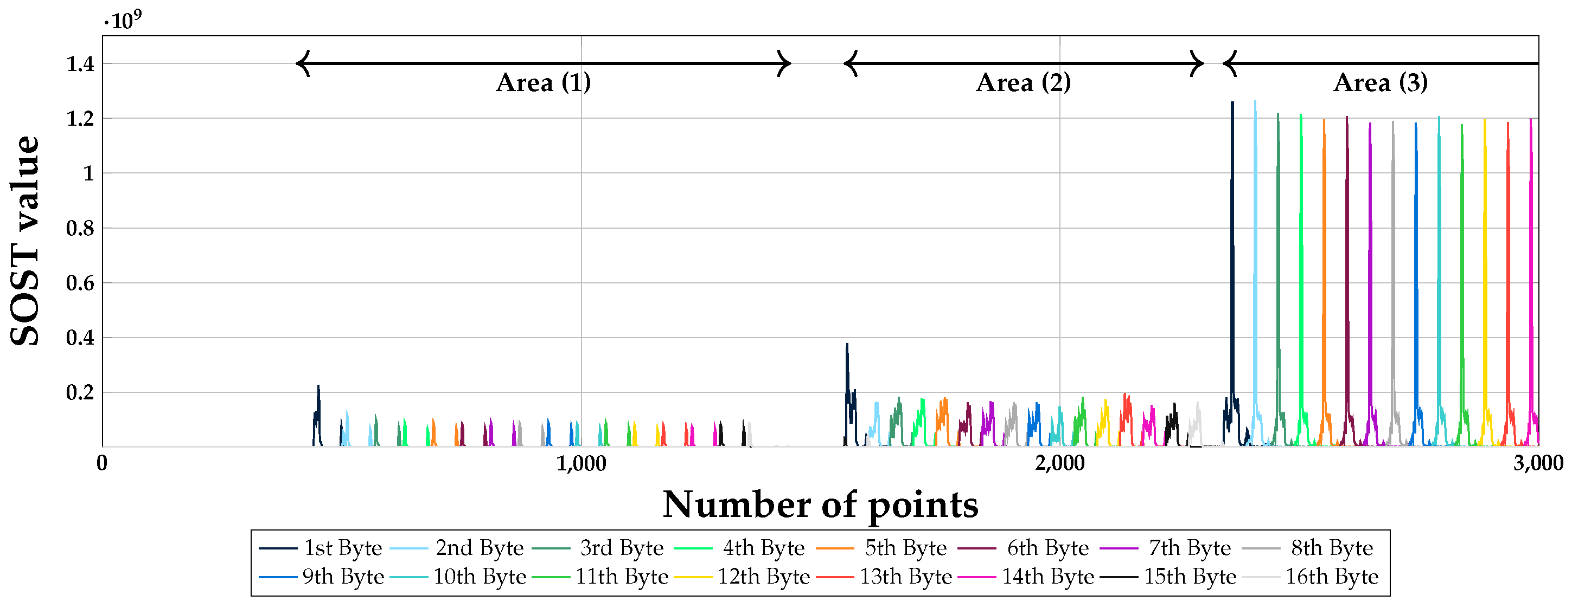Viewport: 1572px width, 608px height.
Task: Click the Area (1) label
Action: (x=543, y=82)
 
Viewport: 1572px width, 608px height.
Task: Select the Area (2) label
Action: (x=1024, y=82)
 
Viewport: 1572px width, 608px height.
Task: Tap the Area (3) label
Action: (x=1381, y=82)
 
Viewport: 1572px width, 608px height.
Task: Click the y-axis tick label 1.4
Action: (x=80, y=63)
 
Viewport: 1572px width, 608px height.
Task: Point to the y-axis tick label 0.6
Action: (x=80, y=283)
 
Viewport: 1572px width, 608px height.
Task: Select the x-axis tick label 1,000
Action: (x=581, y=463)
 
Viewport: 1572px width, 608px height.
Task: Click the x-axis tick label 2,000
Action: (x=1059, y=463)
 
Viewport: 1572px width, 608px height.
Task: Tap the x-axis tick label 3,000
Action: (x=1538, y=463)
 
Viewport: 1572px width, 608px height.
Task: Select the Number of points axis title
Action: (x=820, y=505)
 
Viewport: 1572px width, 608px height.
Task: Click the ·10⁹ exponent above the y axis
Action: (x=123, y=20)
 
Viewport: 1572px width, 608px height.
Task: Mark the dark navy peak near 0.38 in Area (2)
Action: (x=847, y=345)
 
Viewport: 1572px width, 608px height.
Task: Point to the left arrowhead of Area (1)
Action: (x=301, y=63)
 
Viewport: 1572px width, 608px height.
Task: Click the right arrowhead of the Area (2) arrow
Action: (x=1200, y=63)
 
